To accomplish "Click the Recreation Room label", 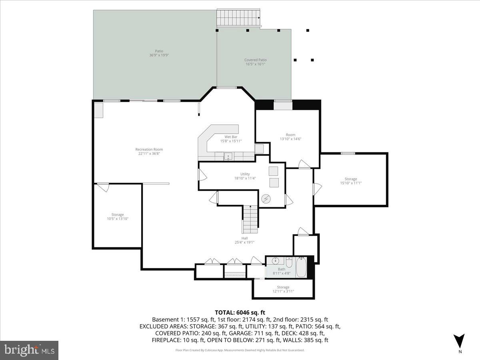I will coord(149,152).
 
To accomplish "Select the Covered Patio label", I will coord(255,62).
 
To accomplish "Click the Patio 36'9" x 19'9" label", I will coord(159,53).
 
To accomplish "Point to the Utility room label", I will coord(245,176).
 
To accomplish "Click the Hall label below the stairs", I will coord(244,240).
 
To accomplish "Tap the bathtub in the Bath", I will coord(301,268).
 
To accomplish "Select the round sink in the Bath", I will coord(276,261).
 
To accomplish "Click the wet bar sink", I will coord(228,156).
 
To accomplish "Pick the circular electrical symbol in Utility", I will coord(266,199).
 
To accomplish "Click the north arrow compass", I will coord(460,341).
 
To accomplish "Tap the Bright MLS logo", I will coord(29,350).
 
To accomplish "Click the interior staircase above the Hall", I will coord(250,219).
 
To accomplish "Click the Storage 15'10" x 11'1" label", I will coord(351,181).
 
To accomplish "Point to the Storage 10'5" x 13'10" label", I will coord(118,217).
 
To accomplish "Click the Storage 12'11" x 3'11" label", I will coord(283,289).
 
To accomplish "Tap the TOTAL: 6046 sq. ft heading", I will coord(240,312).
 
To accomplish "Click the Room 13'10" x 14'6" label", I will coord(290,137).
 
